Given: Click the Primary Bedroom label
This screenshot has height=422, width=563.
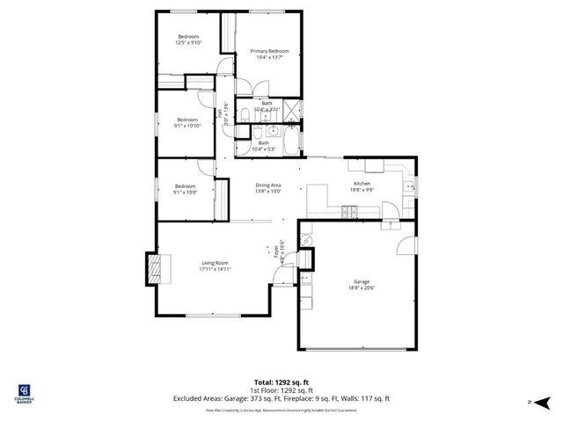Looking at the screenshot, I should [x=267, y=51].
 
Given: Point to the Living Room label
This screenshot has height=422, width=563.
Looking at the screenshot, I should [x=215, y=263].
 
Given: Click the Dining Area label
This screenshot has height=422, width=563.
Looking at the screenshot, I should [x=268, y=185].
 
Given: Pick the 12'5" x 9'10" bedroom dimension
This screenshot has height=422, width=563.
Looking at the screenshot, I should [x=188, y=42].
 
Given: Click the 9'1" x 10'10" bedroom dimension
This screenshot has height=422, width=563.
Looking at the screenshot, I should [x=186, y=126].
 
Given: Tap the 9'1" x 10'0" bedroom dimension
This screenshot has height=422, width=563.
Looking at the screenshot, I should [x=185, y=192].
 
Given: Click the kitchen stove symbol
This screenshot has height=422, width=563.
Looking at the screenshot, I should [x=350, y=210].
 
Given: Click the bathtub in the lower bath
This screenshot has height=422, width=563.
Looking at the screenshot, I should [x=288, y=140].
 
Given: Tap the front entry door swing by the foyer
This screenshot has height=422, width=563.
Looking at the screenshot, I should [x=281, y=277].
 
